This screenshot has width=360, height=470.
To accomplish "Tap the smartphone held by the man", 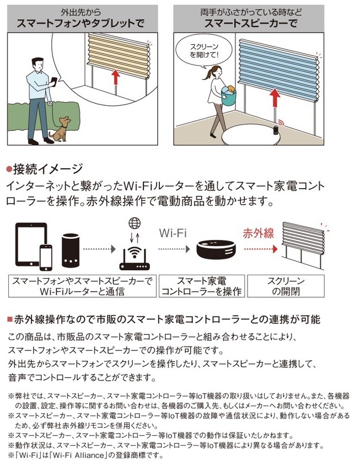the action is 54,82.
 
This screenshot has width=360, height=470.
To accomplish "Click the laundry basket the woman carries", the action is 229,96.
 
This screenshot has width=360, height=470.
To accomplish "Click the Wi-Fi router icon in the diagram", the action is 135,258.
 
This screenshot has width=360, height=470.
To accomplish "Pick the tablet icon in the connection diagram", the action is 31,244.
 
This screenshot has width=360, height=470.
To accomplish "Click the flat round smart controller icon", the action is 216,249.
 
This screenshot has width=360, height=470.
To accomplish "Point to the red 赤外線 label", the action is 258,233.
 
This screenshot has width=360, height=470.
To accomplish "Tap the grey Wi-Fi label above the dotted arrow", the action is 173,233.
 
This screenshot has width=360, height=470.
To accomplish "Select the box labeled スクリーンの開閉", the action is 286,286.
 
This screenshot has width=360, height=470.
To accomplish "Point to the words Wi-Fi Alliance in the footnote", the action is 79,456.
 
